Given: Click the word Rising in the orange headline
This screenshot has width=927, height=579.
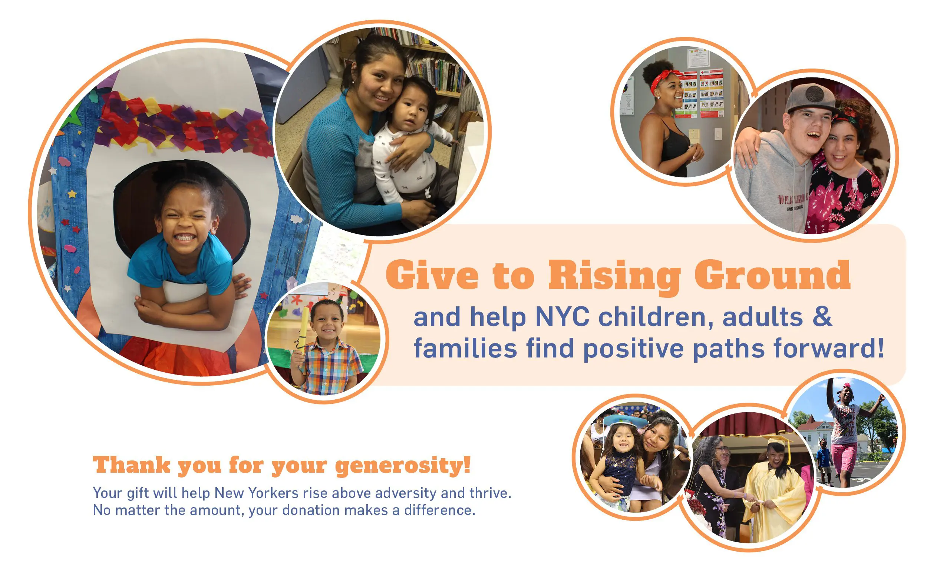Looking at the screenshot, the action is pos(614,276).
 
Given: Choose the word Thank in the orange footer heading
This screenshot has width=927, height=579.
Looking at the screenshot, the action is pos(131,465).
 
